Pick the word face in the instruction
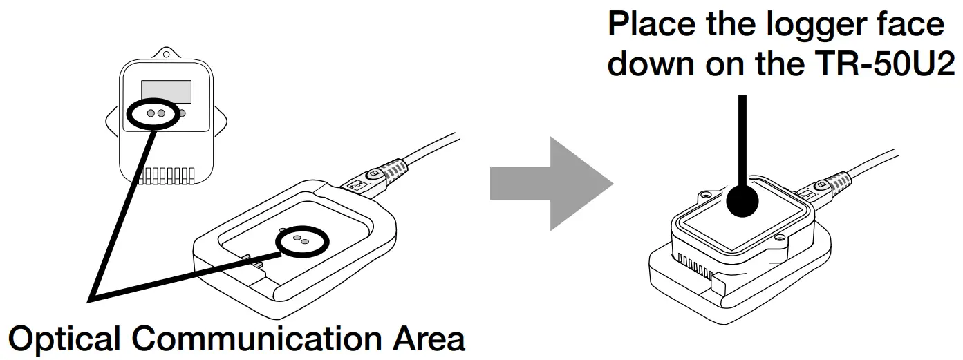pyautogui.click(x=913, y=26)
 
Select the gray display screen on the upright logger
pyautogui.click(x=166, y=91)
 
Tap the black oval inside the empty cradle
pyautogui.click(x=302, y=240)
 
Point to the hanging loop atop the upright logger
pyautogui.click(x=166, y=54)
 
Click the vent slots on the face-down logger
pyautogui.click(x=693, y=264)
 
